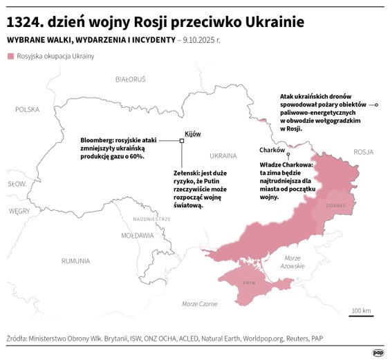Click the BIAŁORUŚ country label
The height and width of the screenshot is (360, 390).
click(x=130, y=79)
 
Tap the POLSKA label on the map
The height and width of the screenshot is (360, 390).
click(x=28, y=109)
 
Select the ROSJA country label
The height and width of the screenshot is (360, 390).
click(x=362, y=151)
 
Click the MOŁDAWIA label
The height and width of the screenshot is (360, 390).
click(x=137, y=235)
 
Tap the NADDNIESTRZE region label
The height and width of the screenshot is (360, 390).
click(x=152, y=218)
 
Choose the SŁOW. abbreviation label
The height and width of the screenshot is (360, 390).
click(x=17, y=184)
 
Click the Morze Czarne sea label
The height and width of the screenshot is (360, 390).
click(x=200, y=304)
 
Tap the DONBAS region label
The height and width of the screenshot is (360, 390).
click(x=335, y=204)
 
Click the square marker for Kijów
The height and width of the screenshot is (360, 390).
click(x=182, y=140)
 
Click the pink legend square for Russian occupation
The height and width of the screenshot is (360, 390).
click(x=10, y=56)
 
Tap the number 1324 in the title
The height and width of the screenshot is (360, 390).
click(x=25, y=21)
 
